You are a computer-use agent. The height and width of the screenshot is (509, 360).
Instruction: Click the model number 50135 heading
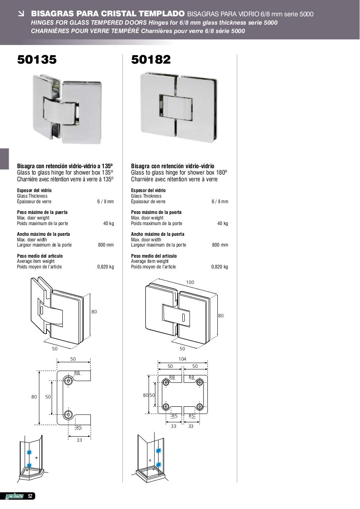pos(37,60)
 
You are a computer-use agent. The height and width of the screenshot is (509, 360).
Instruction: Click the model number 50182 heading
pos(151,60)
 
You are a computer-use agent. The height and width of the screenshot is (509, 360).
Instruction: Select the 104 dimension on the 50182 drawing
pos(182,359)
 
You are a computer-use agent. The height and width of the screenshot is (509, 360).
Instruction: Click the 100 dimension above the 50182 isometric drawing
pos(190,282)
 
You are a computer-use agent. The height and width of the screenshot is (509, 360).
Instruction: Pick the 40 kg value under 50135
pos(108,223)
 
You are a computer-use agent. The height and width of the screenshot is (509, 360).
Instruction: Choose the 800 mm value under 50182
pos(220,245)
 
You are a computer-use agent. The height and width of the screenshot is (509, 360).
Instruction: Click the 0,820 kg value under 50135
pos(106,267)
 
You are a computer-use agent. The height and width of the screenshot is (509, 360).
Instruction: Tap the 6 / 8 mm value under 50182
pos(220,202)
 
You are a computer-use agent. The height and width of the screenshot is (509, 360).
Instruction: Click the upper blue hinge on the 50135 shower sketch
pos(29,453)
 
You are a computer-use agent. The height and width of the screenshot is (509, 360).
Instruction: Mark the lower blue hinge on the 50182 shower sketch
pos(159,464)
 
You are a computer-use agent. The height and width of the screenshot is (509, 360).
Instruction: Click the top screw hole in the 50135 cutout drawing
pos(68,381)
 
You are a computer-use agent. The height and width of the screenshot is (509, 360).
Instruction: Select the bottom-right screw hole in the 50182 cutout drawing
pos(199,406)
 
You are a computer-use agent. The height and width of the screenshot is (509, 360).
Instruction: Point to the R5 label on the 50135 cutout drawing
pos(79,427)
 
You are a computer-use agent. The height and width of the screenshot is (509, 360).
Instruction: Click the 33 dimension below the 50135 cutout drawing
pos(79,440)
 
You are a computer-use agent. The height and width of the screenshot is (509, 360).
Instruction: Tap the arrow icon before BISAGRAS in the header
pos(21,14)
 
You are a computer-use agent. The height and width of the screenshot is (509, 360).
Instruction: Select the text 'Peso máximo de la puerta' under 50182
pos(156,212)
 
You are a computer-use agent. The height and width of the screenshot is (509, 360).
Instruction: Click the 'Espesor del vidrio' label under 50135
pos(34,190)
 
